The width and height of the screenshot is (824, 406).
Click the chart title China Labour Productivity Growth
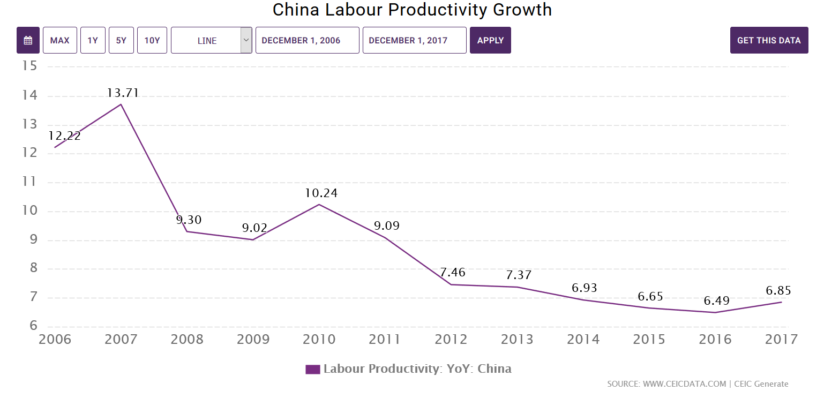[412, 10]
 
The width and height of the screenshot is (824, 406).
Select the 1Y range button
[93, 40]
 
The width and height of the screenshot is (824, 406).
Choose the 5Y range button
[121, 40]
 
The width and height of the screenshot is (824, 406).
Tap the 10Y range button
[152, 40]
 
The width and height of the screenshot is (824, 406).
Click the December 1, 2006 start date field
[307, 40]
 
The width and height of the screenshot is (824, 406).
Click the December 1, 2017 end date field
[414, 40]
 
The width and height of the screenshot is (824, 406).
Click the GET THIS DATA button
[769, 40]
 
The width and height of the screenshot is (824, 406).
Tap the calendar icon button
[28, 40]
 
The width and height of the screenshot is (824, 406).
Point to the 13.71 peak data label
[123, 93]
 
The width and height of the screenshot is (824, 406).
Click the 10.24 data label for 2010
[320, 193]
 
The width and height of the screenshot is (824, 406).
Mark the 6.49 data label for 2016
[717, 300]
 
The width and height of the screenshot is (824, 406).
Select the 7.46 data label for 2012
[453, 272]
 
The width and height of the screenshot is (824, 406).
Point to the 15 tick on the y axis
[29, 66]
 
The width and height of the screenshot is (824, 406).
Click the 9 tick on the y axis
[33, 239]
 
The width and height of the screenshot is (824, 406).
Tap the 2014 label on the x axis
[583, 339]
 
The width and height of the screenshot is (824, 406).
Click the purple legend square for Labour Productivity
[312, 369]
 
